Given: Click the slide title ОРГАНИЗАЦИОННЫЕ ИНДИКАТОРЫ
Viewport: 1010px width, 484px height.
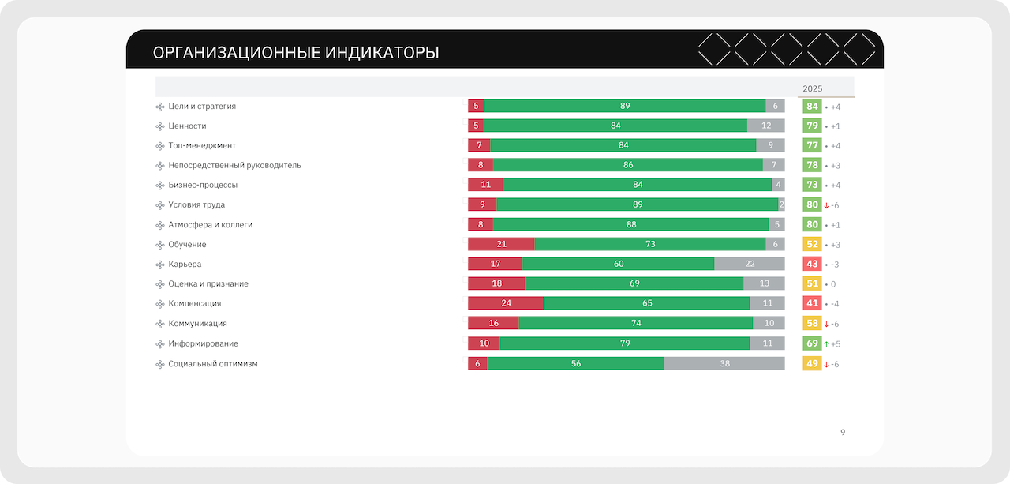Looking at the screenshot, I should (296, 53).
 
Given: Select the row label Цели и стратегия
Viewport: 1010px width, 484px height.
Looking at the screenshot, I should (202, 106).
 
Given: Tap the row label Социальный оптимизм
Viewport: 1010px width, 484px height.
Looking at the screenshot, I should (213, 364).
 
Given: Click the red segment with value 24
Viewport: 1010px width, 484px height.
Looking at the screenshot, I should (506, 303).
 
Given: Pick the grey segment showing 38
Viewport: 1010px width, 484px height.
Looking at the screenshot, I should (724, 364).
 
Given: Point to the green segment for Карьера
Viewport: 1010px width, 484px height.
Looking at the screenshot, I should (618, 264).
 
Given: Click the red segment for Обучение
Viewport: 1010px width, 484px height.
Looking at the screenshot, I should (501, 244).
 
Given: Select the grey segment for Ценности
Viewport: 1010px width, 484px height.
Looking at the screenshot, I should (765, 126).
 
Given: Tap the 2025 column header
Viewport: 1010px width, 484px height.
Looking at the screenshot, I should (812, 88).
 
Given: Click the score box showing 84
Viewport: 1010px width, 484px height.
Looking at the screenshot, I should (812, 107).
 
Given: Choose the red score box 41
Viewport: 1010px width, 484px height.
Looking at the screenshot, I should (812, 303).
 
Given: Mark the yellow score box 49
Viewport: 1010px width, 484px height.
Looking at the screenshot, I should (812, 364).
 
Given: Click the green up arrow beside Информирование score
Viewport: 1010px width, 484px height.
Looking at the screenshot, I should (826, 344).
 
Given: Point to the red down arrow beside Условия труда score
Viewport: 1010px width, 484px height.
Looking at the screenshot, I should (826, 205).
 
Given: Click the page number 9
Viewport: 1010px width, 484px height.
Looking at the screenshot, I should (843, 432).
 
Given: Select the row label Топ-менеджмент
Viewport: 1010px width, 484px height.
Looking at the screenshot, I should (202, 145).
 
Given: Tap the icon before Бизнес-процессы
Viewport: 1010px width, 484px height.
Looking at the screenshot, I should (160, 186).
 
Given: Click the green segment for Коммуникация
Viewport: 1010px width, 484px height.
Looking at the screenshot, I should (635, 323).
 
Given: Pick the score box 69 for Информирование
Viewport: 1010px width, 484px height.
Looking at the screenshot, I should (812, 343).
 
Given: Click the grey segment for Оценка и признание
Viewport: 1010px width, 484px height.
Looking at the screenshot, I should (764, 283).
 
